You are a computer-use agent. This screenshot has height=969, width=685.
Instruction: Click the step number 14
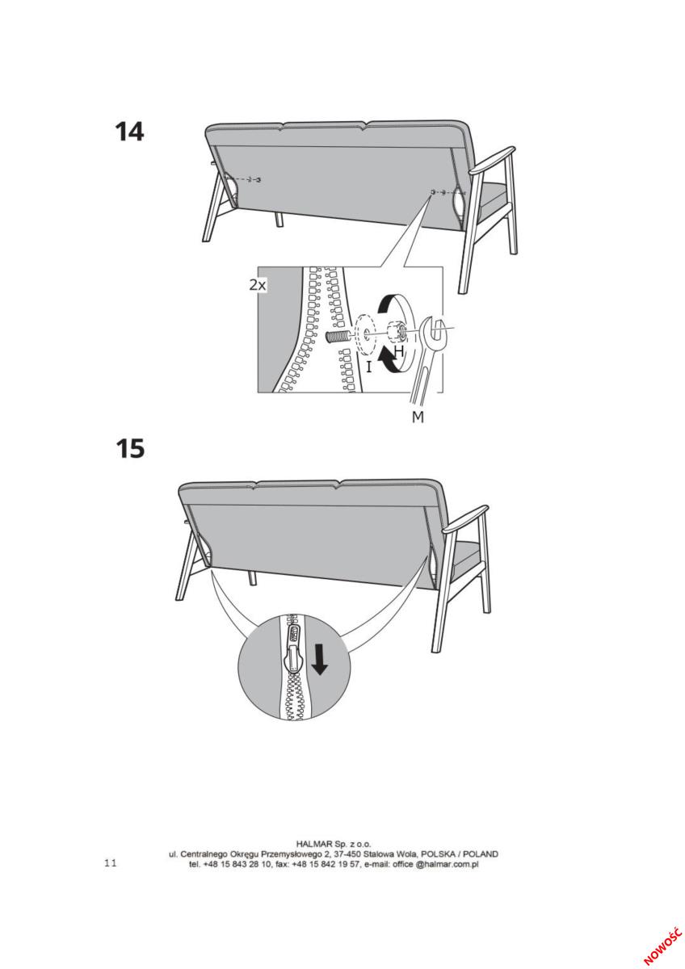click(x=129, y=132)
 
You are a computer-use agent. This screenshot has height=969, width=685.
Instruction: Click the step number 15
click(x=130, y=449)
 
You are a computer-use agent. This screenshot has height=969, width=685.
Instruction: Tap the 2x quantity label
click(x=258, y=285)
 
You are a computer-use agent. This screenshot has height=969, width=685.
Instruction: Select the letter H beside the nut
click(x=398, y=350)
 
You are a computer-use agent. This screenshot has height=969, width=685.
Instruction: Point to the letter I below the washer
click(x=368, y=367)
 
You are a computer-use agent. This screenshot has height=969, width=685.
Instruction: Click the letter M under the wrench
click(x=418, y=417)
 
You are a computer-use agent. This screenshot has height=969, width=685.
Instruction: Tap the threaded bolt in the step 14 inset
click(x=337, y=336)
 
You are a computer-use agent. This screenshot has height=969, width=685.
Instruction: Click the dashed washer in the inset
click(x=366, y=333)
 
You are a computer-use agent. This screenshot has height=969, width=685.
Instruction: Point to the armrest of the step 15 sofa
click(x=465, y=519)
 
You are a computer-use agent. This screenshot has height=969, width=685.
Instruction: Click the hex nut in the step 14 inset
click(x=396, y=331)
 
